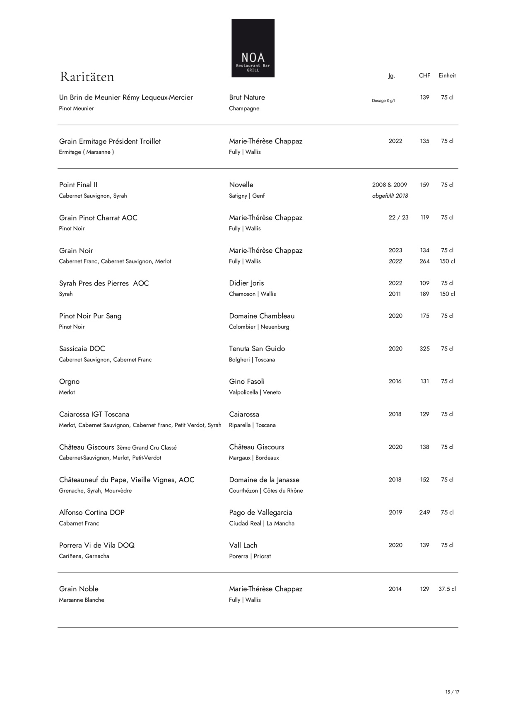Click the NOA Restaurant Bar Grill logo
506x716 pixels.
tap(253, 48)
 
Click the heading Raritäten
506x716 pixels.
tap(87, 77)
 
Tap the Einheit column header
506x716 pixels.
tap(447, 75)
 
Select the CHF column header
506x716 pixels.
tap(424, 75)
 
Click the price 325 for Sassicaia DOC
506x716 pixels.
tap(424, 349)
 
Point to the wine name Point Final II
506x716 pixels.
tap(78, 185)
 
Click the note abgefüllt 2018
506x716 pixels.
tap(390, 196)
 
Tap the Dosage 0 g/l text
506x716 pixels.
tap(383, 101)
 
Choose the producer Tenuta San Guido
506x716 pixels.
tap(257, 349)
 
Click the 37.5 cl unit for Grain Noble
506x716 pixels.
tap(447, 589)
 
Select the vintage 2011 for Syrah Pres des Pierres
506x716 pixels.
tap(395, 294)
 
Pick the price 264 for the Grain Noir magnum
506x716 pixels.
tap(424, 261)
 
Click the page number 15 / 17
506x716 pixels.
tap(452, 692)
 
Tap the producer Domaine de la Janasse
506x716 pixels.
tap(264, 480)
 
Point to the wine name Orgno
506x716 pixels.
tap(69, 382)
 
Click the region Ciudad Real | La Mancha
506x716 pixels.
tap(262, 524)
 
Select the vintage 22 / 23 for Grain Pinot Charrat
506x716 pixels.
tap(398, 218)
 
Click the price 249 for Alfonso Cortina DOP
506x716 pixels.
tap(424, 513)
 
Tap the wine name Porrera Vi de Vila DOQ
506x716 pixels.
tap(97, 545)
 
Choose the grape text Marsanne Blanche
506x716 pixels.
tap(82, 600)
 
